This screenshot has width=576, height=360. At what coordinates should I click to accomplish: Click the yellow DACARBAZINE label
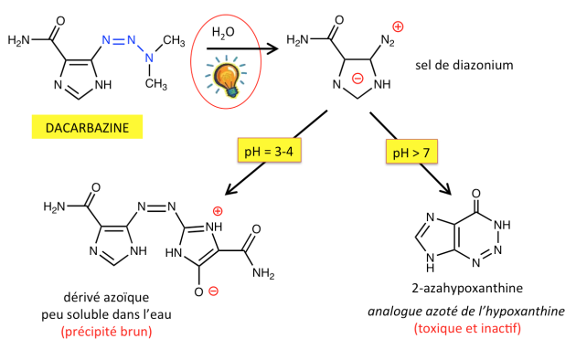point(87,127)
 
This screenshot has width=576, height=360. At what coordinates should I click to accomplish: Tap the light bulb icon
point(227,77)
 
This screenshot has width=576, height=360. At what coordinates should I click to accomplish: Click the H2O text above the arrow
point(223,33)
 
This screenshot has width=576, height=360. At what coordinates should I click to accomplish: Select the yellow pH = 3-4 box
point(270,151)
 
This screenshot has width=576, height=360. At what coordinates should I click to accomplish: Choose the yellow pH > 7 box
point(411,152)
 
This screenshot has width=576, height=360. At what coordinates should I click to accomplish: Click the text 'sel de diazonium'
point(464,65)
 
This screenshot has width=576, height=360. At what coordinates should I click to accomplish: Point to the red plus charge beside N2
point(398,26)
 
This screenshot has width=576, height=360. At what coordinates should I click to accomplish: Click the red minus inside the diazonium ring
point(357,78)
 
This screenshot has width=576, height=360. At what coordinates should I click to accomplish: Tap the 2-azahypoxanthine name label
point(467,288)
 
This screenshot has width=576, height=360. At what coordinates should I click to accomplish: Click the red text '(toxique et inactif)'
point(467,328)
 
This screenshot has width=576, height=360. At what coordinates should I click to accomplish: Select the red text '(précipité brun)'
point(107,332)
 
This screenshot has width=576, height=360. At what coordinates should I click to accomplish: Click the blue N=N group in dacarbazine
point(119,39)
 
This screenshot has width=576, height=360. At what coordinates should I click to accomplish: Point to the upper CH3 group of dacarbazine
point(174,40)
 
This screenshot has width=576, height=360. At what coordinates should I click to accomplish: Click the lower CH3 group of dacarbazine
point(156,84)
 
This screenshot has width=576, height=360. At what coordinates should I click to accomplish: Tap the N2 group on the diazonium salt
point(388,40)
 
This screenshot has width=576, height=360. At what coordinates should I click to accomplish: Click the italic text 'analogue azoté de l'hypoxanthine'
point(466,312)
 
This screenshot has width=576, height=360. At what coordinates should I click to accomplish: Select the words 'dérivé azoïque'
point(106,297)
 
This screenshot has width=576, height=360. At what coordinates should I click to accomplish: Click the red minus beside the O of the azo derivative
point(213,291)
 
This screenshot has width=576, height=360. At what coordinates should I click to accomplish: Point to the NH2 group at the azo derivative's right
point(263,273)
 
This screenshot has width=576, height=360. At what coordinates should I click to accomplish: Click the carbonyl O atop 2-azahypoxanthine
point(476,194)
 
